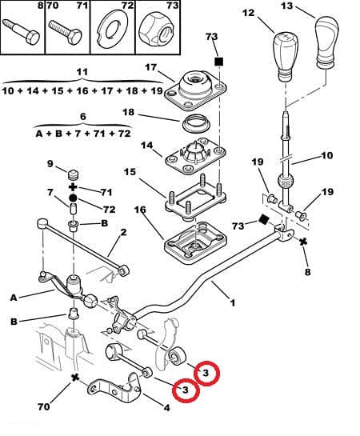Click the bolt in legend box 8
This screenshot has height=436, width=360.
tap(21, 31)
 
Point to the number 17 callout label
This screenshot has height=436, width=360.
tap(151, 67)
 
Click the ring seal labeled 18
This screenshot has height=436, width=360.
tap(197, 124)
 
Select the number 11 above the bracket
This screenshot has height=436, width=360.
tap(82, 72)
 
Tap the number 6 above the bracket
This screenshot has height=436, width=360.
tap(83, 117)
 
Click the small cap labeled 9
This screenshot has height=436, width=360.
tap(74, 175)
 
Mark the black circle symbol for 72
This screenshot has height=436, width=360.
tap(73, 198)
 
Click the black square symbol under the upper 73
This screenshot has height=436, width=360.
tap(219, 62)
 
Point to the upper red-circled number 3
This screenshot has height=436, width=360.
tap(206, 373)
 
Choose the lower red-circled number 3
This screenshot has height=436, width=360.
tap(186, 390)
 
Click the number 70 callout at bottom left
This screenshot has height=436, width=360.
tap(44, 407)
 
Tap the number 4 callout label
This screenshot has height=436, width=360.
tap(166, 408)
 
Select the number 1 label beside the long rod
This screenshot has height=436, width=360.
tap(233, 302)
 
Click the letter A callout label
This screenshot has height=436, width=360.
tap(14, 298)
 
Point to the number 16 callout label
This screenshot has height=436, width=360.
tap(140, 210)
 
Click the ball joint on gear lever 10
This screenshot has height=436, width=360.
tap(285, 182)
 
